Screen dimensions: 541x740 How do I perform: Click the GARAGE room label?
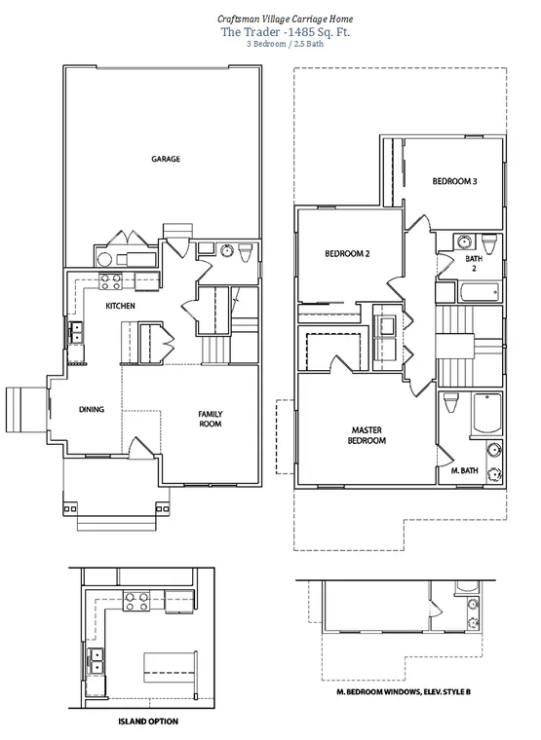166,159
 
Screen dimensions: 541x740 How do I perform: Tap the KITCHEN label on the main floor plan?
120,306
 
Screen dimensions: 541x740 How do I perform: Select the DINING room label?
92,409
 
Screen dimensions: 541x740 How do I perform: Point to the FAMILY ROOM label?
211,419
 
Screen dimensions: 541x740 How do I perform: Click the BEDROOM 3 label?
454,181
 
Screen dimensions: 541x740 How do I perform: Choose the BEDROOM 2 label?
347,254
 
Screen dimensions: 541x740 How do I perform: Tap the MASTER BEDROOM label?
367,435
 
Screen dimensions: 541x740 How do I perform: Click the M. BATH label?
464,470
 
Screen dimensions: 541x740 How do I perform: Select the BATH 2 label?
474,263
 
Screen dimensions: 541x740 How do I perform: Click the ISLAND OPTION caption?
148,721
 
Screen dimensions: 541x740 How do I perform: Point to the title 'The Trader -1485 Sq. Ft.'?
286,32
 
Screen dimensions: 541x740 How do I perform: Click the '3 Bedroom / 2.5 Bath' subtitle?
285,44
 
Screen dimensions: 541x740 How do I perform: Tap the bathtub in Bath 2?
480,292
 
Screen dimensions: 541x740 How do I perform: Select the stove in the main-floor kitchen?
110,281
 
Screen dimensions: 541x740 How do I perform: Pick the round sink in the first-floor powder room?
228,250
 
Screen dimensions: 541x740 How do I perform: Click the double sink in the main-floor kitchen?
76,332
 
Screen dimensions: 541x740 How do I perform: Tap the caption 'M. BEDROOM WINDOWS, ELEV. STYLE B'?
403,692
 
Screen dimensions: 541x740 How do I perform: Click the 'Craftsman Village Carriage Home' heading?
285,18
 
